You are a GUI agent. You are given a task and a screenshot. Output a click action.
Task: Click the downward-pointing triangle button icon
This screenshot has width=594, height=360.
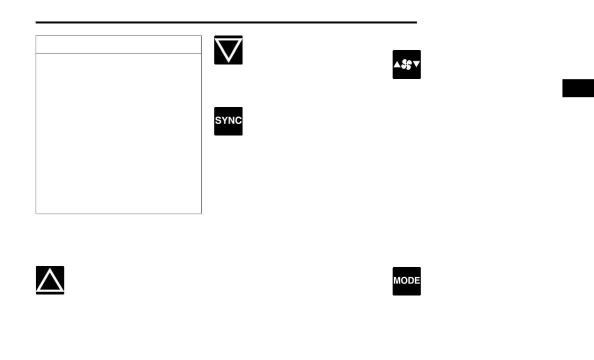pyautogui.click(x=228, y=50)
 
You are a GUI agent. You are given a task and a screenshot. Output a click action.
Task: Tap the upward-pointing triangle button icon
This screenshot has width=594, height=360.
pyautogui.click(x=50, y=280)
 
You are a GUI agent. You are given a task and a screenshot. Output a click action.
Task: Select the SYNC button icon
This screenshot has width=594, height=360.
pyautogui.click(x=228, y=121)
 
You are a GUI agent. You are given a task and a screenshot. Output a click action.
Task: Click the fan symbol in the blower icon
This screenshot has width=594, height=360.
pyautogui.click(x=406, y=64)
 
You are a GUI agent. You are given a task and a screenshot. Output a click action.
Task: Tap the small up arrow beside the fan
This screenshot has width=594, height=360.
pyautogui.click(x=397, y=64)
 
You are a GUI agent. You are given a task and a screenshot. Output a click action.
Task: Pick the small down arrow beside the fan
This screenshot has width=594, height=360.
pyautogui.click(x=416, y=64)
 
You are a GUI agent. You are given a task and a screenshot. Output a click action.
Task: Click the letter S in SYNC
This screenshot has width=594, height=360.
pyautogui.click(x=218, y=121)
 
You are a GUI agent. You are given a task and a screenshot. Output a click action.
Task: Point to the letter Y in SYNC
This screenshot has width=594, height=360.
pyautogui.click(x=224, y=121)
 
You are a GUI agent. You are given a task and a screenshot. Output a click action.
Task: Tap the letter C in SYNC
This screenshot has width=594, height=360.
pyautogui.click(x=238, y=121)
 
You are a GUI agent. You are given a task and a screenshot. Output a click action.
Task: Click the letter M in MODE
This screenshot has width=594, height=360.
pyautogui.click(x=397, y=281)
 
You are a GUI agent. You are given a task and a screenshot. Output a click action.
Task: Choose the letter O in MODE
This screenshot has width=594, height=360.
pyautogui.click(x=404, y=281)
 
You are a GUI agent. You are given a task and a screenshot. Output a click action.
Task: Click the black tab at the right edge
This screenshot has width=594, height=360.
pyautogui.click(x=578, y=88)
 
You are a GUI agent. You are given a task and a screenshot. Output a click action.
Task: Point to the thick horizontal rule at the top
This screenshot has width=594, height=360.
pyautogui.click(x=226, y=22)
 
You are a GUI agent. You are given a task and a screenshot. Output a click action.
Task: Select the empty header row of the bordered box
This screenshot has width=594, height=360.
pyautogui.click(x=118, y=44)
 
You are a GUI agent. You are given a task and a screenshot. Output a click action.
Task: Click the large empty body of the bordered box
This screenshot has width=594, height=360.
pyautogui.click(x=118, y=133)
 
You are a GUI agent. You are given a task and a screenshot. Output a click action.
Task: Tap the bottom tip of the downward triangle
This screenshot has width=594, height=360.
pyautogui.click(x=228, y=61)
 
